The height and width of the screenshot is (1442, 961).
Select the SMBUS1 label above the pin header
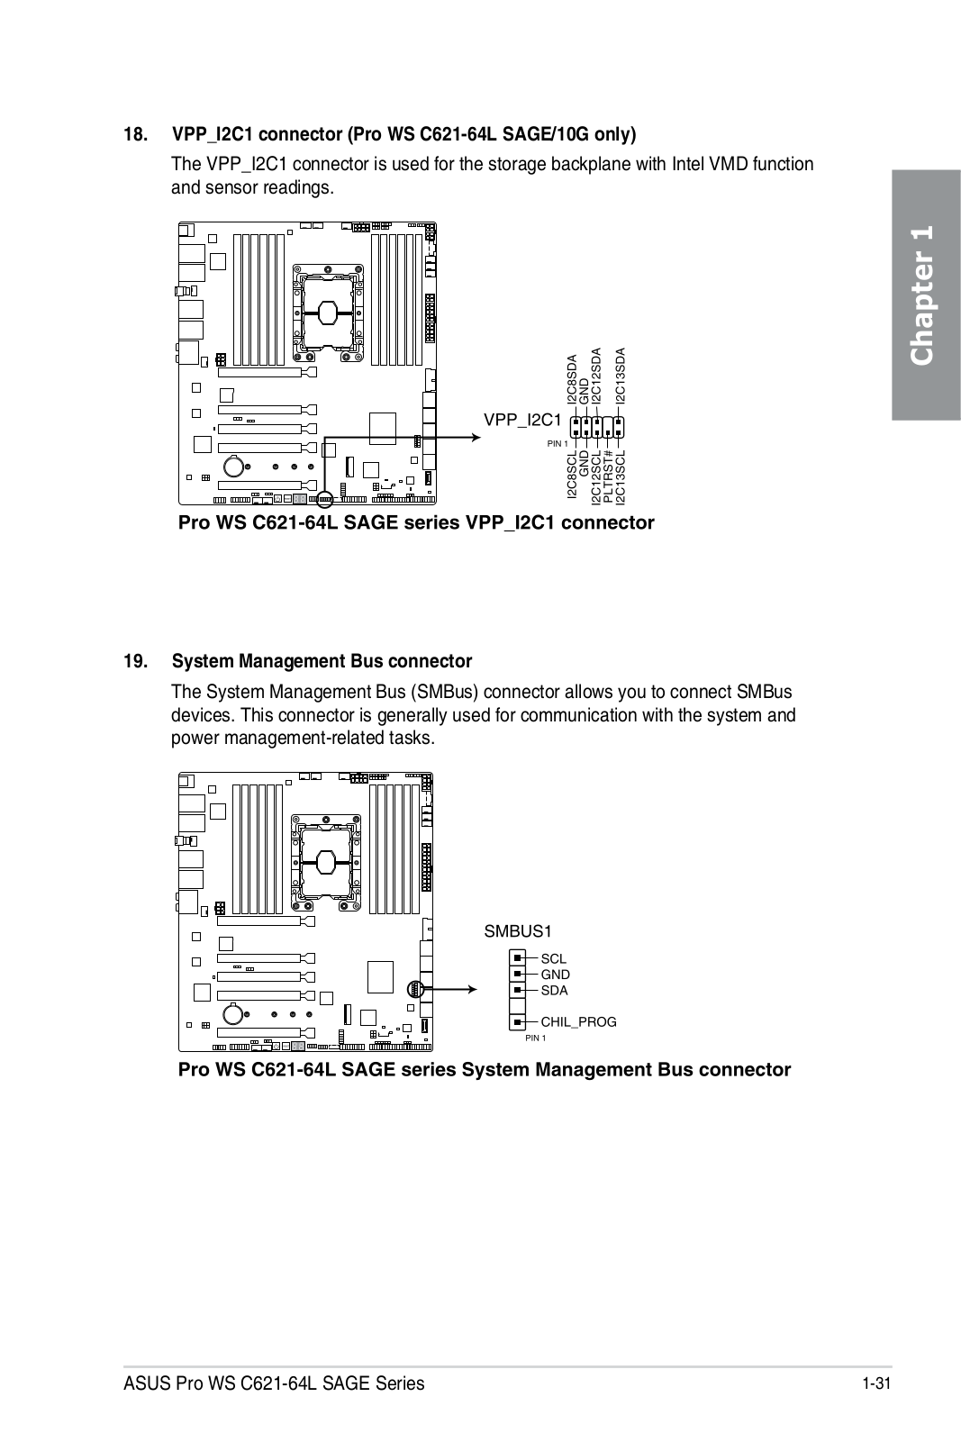[x=518, y=931]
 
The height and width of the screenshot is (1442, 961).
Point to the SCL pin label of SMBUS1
[x=554, y=959]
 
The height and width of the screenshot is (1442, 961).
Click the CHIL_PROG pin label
[x=578, y=1022]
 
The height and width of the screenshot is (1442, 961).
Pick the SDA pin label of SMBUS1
[x=554, y=991]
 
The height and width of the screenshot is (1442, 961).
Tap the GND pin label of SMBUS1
[x=555, y=975]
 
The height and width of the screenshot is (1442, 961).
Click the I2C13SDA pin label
[x=620, y=376]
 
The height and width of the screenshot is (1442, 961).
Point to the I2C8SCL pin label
[x=572, y=477]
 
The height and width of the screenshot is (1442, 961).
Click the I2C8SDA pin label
[x=572, y=379]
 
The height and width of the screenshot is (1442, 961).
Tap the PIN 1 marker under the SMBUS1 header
[x=535, y=1038]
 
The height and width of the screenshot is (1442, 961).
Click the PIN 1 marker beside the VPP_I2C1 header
[x=558, y=444]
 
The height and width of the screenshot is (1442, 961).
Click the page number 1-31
[x=875, y=1383]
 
